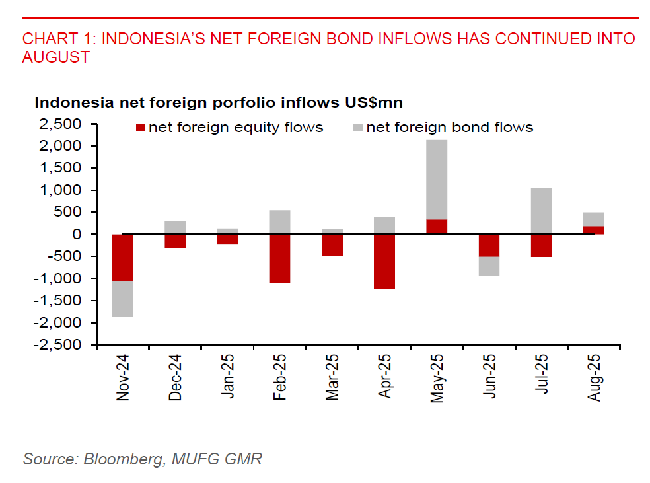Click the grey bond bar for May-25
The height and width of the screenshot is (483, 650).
pyautogui.click(x=437, y=179)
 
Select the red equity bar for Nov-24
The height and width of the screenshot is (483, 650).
pyautogui.click(x=123, y=258)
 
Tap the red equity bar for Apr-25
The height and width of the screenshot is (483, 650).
pyautogui.click(x=384, y=261)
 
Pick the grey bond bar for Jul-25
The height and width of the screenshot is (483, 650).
pyautogui.click(x=541, y=211)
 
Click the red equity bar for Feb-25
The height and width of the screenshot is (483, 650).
pyautogui.click(x=279, y=258)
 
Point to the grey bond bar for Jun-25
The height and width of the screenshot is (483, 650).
pyautogui.click(x=489, y=266)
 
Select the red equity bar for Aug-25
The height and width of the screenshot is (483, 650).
pyautogui.click(x=593, y=230)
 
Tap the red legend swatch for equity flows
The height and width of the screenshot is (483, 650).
pyautogui.click(x=140, y=128)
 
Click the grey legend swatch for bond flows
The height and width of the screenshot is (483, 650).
pyautogui.click(x=358, y=128)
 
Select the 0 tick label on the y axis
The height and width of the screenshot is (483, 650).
pyautogui.click(x=78, y=235)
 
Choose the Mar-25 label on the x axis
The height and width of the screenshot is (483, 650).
pyautogui.click(x=332, y=377)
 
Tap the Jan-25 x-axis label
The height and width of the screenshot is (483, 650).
pyautogui.click(x=228, y=377)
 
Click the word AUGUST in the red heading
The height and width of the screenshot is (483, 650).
pyautogui.click(x=55, y=57)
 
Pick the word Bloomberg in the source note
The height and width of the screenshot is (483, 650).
pyautogui.click(x=122, y=459)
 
